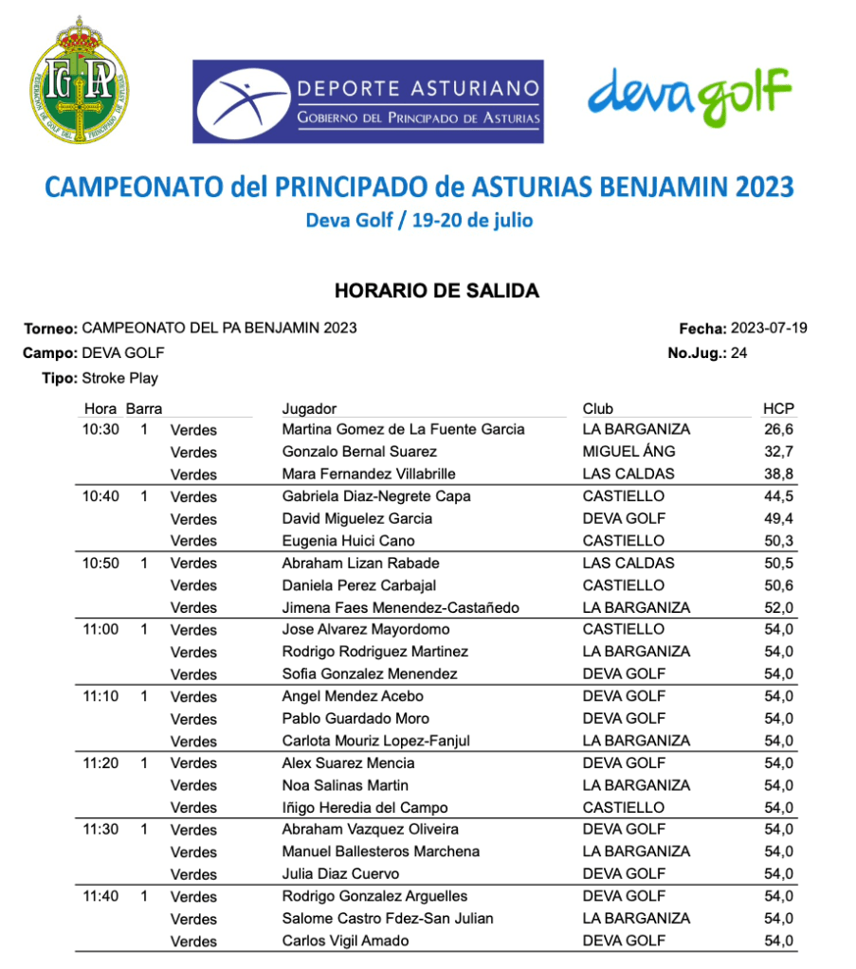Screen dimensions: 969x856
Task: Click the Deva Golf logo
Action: coord(689,94)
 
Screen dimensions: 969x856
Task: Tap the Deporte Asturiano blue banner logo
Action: coord(368,101)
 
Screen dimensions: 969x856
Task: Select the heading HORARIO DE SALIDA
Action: coord(436,291)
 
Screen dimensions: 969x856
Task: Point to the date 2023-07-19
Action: coord(769,329)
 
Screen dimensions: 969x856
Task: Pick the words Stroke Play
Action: coord(120,378)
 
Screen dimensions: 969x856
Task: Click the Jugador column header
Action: coord(309,409)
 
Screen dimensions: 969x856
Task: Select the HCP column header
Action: coord(778,409)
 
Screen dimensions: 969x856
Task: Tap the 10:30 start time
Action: coord(100,429)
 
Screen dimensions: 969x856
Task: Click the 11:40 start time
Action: coord(100,896)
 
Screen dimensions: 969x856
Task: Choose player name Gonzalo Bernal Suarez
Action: coord(359,452)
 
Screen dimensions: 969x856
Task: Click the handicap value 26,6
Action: coord(779,429)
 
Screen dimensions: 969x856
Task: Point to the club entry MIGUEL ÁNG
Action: coord(628,452)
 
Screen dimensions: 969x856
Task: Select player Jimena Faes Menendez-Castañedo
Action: coord(400,607)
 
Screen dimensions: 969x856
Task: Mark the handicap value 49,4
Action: coord(779,518)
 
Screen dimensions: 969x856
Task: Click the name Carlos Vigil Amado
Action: coord(346,941)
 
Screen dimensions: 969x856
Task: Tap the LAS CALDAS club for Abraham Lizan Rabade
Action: coord(628,563)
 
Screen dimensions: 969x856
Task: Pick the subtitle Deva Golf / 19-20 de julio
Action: coord(419,221)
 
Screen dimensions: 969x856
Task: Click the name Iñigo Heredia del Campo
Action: coord(365,807)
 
